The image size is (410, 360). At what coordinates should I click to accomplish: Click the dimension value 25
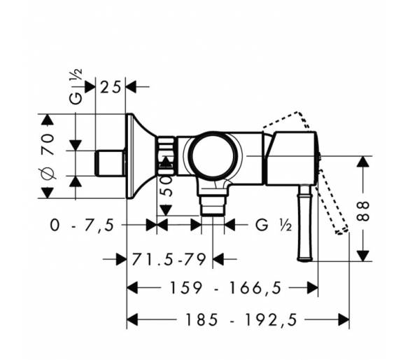pos(111,87)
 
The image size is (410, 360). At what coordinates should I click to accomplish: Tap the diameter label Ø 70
pos(48,157)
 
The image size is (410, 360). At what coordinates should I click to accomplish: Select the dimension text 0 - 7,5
pos(82,225)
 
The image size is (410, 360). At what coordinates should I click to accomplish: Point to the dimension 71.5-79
pos(169,259)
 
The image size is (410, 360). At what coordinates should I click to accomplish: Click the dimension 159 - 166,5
pos(226,288)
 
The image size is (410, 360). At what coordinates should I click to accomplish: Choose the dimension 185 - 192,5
pos(241,319)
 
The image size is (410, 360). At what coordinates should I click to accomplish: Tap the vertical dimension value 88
pos(363,211)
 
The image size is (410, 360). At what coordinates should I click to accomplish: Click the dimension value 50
pos(167,186)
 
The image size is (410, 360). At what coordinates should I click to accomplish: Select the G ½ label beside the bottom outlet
pos(274,225)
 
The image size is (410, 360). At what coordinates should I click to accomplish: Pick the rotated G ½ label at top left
pos(76,87)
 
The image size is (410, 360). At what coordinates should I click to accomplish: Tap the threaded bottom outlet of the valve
pos(213,205)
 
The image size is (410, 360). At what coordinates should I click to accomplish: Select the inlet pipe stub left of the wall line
pos(109,163)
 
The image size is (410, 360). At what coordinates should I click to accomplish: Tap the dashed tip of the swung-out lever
pos(342,231)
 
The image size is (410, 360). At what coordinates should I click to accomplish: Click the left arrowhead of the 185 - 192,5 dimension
pos(132,319)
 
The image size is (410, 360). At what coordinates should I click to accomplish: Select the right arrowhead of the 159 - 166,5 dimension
pos(313,288)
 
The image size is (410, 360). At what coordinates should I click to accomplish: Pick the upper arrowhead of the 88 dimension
pos(363,162)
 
